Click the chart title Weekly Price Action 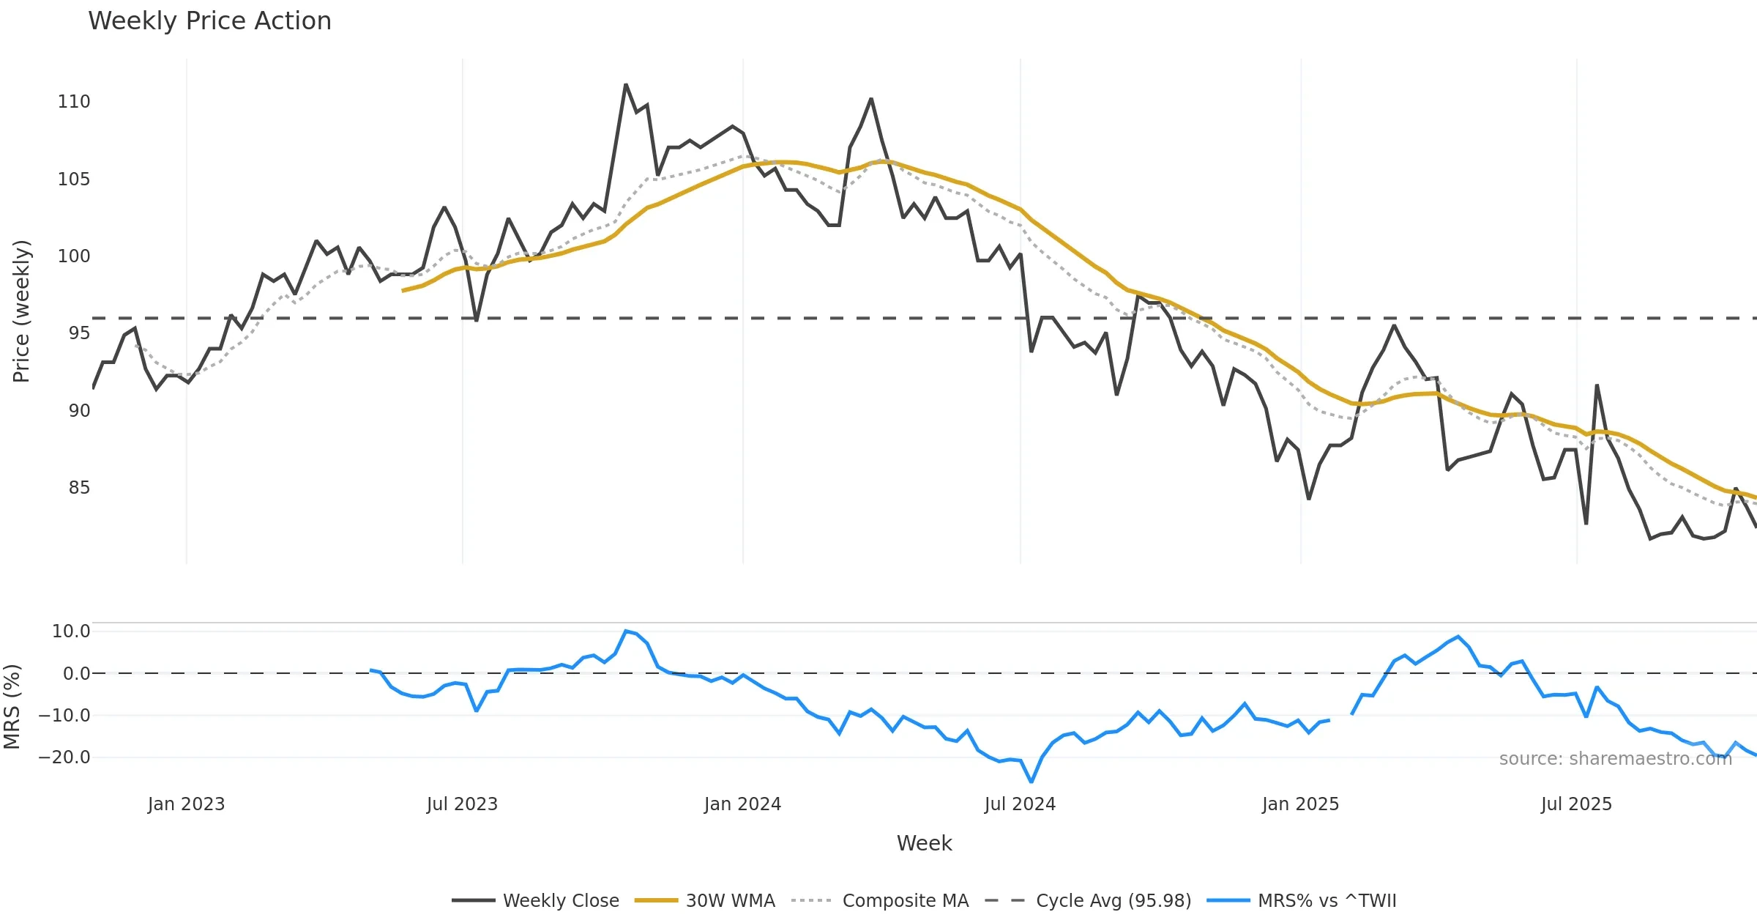point(209,21)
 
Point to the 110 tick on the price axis point(74,102)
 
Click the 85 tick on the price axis point(79,488)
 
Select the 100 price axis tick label point(74,256)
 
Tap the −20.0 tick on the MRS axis point(64,757)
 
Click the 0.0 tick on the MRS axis point(76,674)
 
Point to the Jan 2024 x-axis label point(742,804)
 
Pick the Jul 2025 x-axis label point(1576,804)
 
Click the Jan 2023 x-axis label point(186,804)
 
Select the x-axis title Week point(924,844)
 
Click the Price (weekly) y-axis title point(21,311)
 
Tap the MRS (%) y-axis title point(12,707)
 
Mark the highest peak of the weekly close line point(626,85)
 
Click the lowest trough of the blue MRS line point(1032,782)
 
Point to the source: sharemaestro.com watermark point(1615,759)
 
